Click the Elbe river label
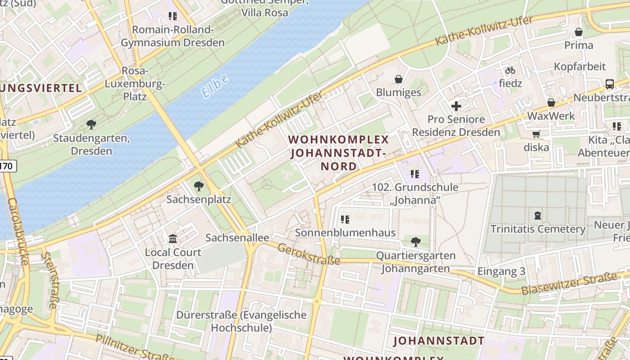click(215, 86)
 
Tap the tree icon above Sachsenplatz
click(198, 186)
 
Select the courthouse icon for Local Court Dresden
click(173, 238)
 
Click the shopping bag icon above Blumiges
click(399, 79)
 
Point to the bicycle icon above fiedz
click(510, 70)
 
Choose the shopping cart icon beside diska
click(536, 134)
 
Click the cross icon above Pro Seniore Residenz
click(456, 106)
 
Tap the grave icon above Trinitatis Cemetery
click(537, 216)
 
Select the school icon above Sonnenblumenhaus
click(345, 220)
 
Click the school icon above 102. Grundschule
click(414, 174)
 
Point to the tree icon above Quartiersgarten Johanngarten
click(416, 242)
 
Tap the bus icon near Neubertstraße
click(610, 84)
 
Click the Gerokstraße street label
click(309, 254)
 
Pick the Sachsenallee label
click(237, 238)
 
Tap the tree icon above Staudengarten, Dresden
click(91, 124)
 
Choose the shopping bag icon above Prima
click(579, 32)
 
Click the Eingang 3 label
click(501, 271)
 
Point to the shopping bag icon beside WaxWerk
click(551, 103)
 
